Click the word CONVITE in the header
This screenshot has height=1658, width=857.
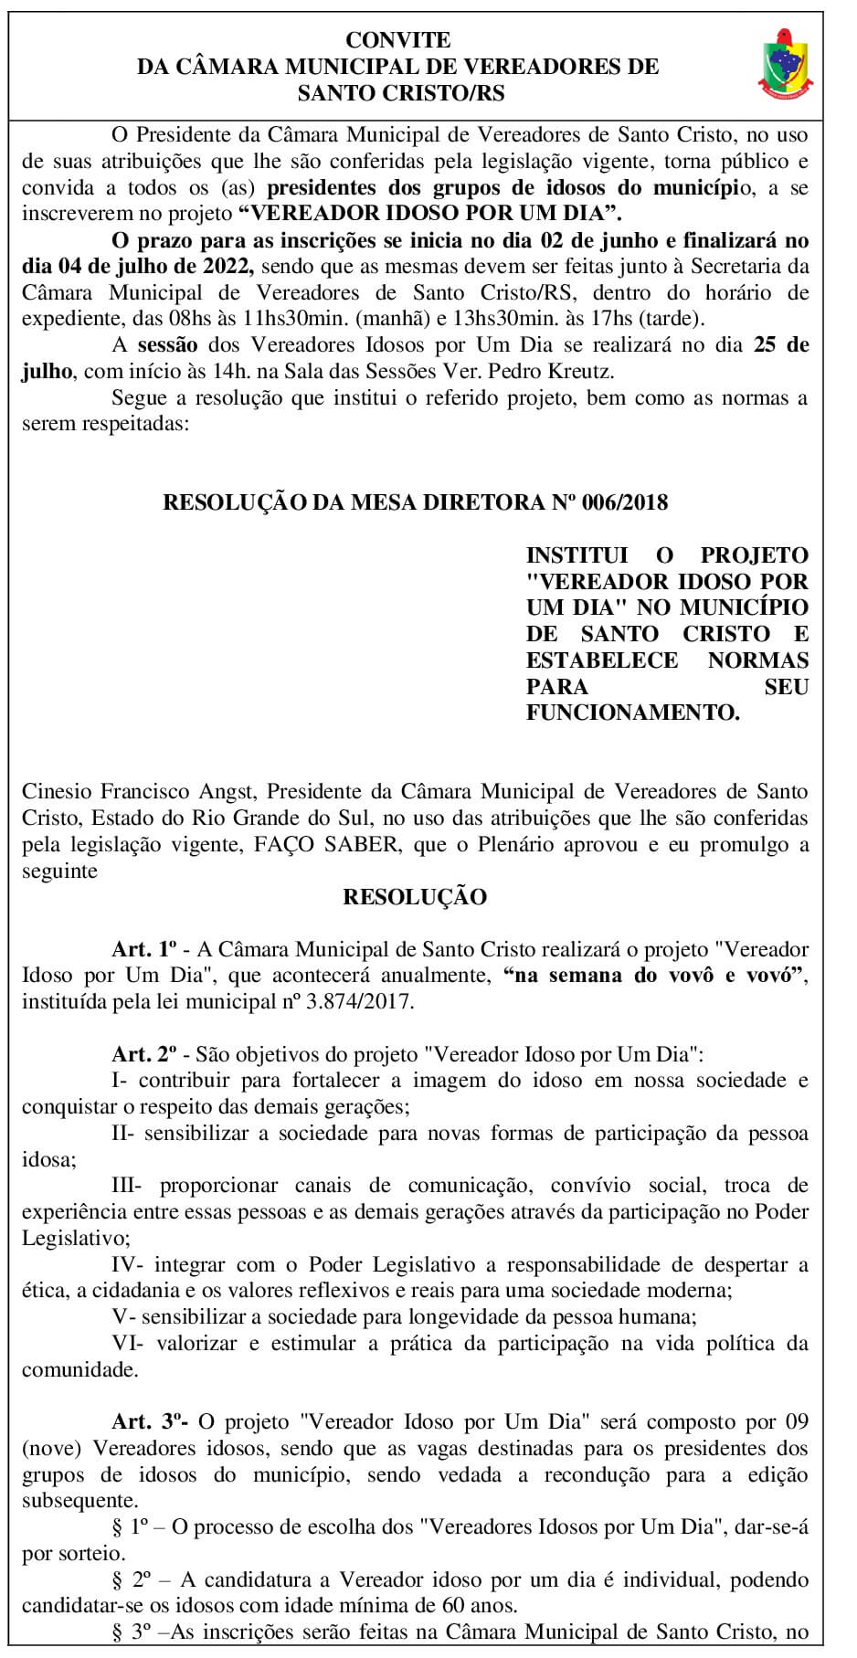click(x=398, y=40)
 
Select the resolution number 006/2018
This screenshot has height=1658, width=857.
click(x=622, y=502)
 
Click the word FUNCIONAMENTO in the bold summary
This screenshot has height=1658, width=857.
click(x=632, y=713)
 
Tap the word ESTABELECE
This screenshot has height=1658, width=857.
click(x=602, y=660)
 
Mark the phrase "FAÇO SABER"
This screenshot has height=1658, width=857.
click(x=348, y=844)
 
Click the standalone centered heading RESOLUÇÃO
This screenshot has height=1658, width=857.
click(x=415, y=897)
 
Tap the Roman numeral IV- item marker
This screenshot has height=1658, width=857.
click(x=123, y=1265)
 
